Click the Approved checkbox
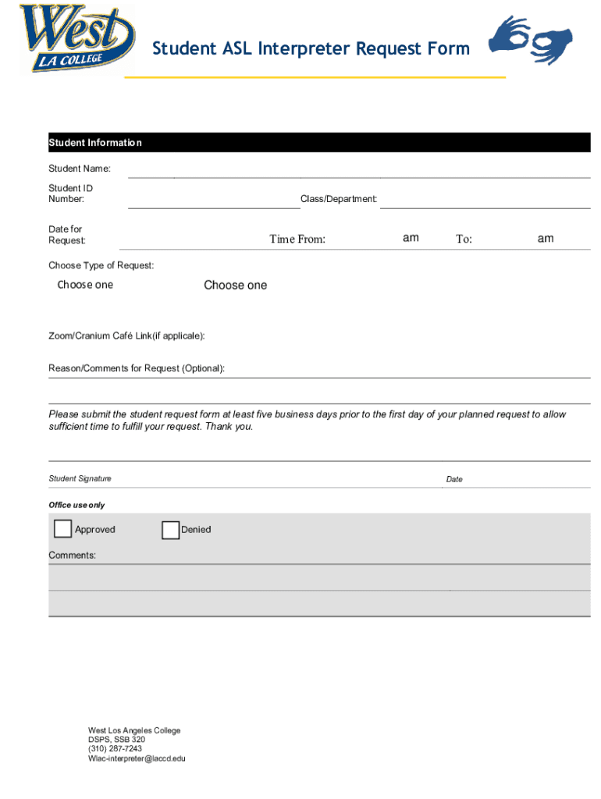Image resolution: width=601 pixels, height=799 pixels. click(62, 529)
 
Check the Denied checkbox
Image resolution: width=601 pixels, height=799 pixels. click(170, 530)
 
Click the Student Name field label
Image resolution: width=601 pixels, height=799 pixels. click(80, 169)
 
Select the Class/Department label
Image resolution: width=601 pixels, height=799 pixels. click(339, 199)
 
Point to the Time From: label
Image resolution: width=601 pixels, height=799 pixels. click(297, 239)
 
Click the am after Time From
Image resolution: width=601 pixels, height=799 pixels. click(411, 238)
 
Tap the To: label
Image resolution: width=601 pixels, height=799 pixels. click(464, 239)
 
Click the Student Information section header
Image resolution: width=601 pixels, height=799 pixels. click(95, 143)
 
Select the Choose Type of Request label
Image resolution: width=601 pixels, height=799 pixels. click(101, 265)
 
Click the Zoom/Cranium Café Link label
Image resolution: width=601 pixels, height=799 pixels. click(127, 336)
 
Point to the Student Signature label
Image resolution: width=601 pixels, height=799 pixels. click(80, 478)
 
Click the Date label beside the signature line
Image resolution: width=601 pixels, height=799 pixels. click(454, 479)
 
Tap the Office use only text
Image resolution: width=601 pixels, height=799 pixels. click(76, 505)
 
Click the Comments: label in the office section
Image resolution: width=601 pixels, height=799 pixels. click(73, 555)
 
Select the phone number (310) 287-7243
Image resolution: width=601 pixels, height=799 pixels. click(115, 748)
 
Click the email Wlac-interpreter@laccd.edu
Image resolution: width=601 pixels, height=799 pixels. click(137, 758)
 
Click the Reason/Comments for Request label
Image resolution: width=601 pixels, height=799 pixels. click(137, 368)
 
